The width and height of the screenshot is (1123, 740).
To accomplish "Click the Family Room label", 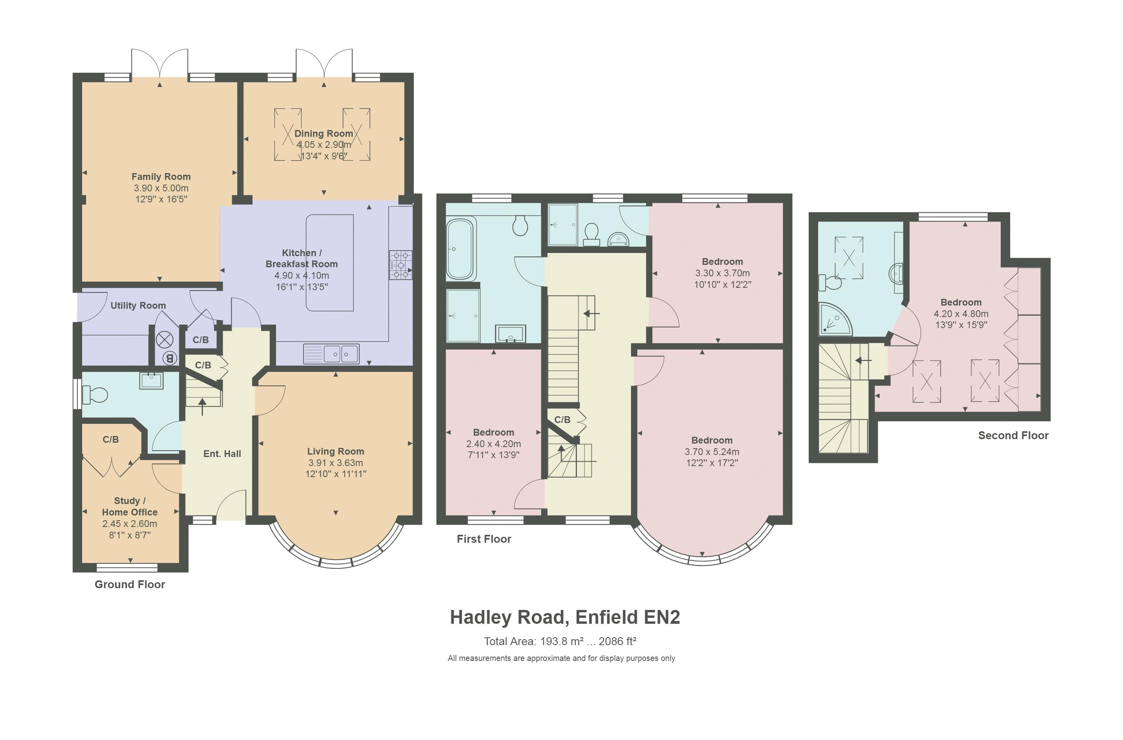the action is point(161,177).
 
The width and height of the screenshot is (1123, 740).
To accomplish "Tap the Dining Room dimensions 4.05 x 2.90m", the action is point(324,145).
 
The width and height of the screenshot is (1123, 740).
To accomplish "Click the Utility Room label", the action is point(138,306).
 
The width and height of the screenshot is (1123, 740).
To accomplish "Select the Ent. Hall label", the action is point(222,454).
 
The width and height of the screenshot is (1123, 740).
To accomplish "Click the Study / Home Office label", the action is point(130,506).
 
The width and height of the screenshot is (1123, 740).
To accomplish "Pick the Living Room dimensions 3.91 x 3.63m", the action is point(336,463).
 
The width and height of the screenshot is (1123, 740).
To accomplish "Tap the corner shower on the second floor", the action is point(835,319).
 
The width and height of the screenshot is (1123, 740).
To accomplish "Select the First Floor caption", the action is point(484,539).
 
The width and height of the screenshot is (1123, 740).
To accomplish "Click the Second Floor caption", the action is point(1014,435).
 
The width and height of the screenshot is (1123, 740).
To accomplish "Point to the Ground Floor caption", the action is point(130,584).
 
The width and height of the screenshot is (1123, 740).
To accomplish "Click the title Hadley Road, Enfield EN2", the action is point(565,617).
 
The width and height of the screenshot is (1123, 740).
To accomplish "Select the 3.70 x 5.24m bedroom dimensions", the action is point(712,451).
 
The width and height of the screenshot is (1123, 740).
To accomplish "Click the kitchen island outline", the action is point(330,263).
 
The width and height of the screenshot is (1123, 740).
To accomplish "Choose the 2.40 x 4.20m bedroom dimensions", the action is point(494,444).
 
